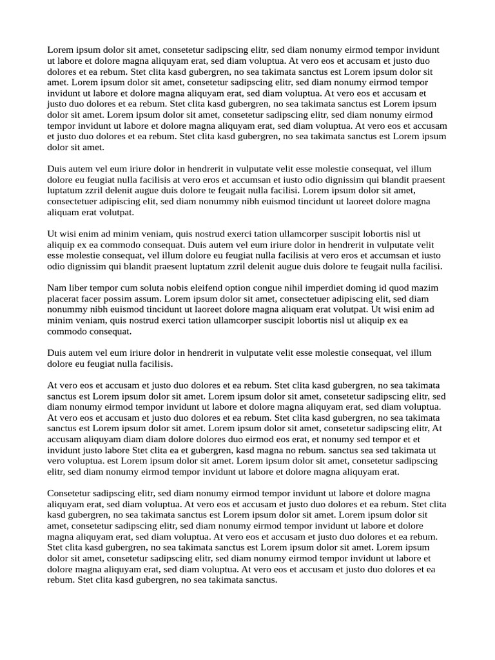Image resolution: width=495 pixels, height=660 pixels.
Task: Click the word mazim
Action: [425, 287]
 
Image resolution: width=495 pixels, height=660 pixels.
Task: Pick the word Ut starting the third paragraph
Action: [53, 233]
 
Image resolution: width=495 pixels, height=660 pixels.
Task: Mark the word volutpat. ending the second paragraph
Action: [116, 212]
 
